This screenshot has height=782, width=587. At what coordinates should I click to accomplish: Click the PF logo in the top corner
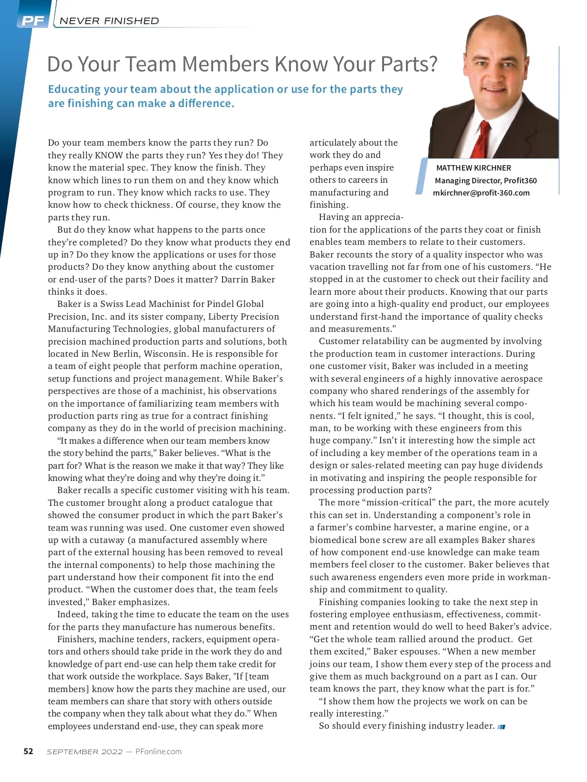click(x=32, y=21)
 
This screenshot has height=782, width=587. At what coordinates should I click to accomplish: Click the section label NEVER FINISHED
click(x=109, y=21)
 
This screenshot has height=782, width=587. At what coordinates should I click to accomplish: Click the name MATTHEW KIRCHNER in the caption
click(x=474, y=168)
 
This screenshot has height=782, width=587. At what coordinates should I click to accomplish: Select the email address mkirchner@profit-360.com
click(x=481, y=193)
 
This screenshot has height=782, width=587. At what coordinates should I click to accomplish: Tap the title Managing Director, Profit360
click(x=485, y=180)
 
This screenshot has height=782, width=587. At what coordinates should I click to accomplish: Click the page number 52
click(x=28, y=751)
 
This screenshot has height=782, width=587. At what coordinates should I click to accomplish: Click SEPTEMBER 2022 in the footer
click(x=85, y=752)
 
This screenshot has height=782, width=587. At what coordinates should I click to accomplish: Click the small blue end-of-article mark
click(x=501, y=727)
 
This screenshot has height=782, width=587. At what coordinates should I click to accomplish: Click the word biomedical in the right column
click(x=333, y=540)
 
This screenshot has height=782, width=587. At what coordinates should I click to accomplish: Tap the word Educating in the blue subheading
click(x=74, y=89)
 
